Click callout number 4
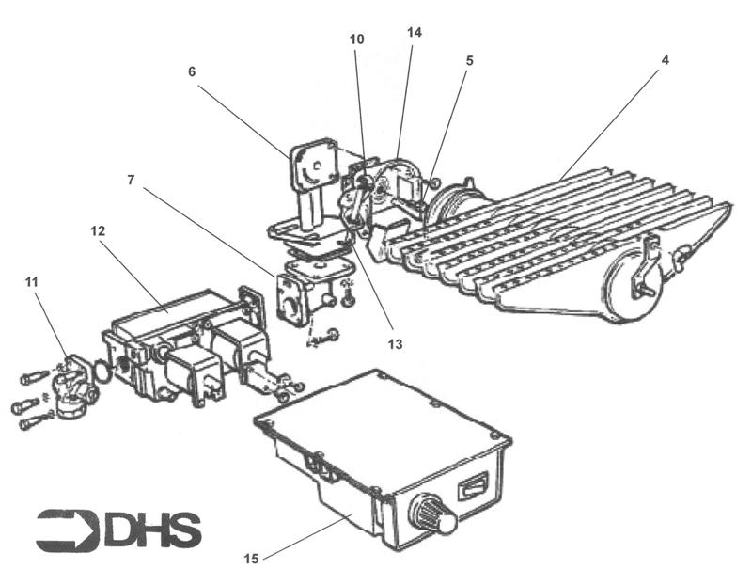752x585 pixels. [665, 59]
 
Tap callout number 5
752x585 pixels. [469, 60]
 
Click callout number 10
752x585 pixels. [356, 40]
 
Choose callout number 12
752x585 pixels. [98, 229]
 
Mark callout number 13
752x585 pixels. [395, 345]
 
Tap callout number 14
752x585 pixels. [415, 32]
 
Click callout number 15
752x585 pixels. [251, 559]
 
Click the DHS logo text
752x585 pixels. [152, 530]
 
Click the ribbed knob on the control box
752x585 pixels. [431, 516]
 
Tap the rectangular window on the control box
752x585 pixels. [472, 488]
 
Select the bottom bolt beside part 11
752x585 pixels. [29, 424]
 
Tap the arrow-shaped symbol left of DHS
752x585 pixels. [66, 530]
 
